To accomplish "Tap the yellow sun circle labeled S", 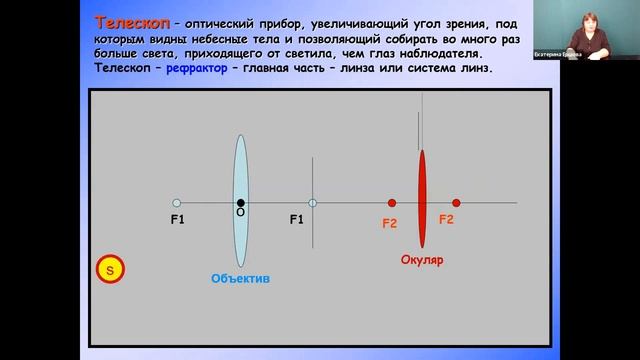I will click(x=110, y=268).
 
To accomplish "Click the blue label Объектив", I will click(x=240, y=277).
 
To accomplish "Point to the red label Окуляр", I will click(x=422, y=259).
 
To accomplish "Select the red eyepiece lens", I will click(x=422, y=198).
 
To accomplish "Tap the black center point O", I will click(x=240, y=203).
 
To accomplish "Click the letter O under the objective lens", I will click(x=240, y=214).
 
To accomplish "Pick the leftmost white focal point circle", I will click(x=176, y=203).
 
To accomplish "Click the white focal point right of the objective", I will click(x=312, y=203).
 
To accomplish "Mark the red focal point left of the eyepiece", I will click(x=392, y=203).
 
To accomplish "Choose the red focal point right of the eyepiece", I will click(x=456, y=203).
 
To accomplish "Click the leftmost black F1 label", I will click(x=178, y=218).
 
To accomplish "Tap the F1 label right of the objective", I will click(x=297, y=218).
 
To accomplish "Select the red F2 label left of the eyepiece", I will click(x=390, y=224).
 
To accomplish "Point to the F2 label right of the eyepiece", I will click(x=446, y=218).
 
